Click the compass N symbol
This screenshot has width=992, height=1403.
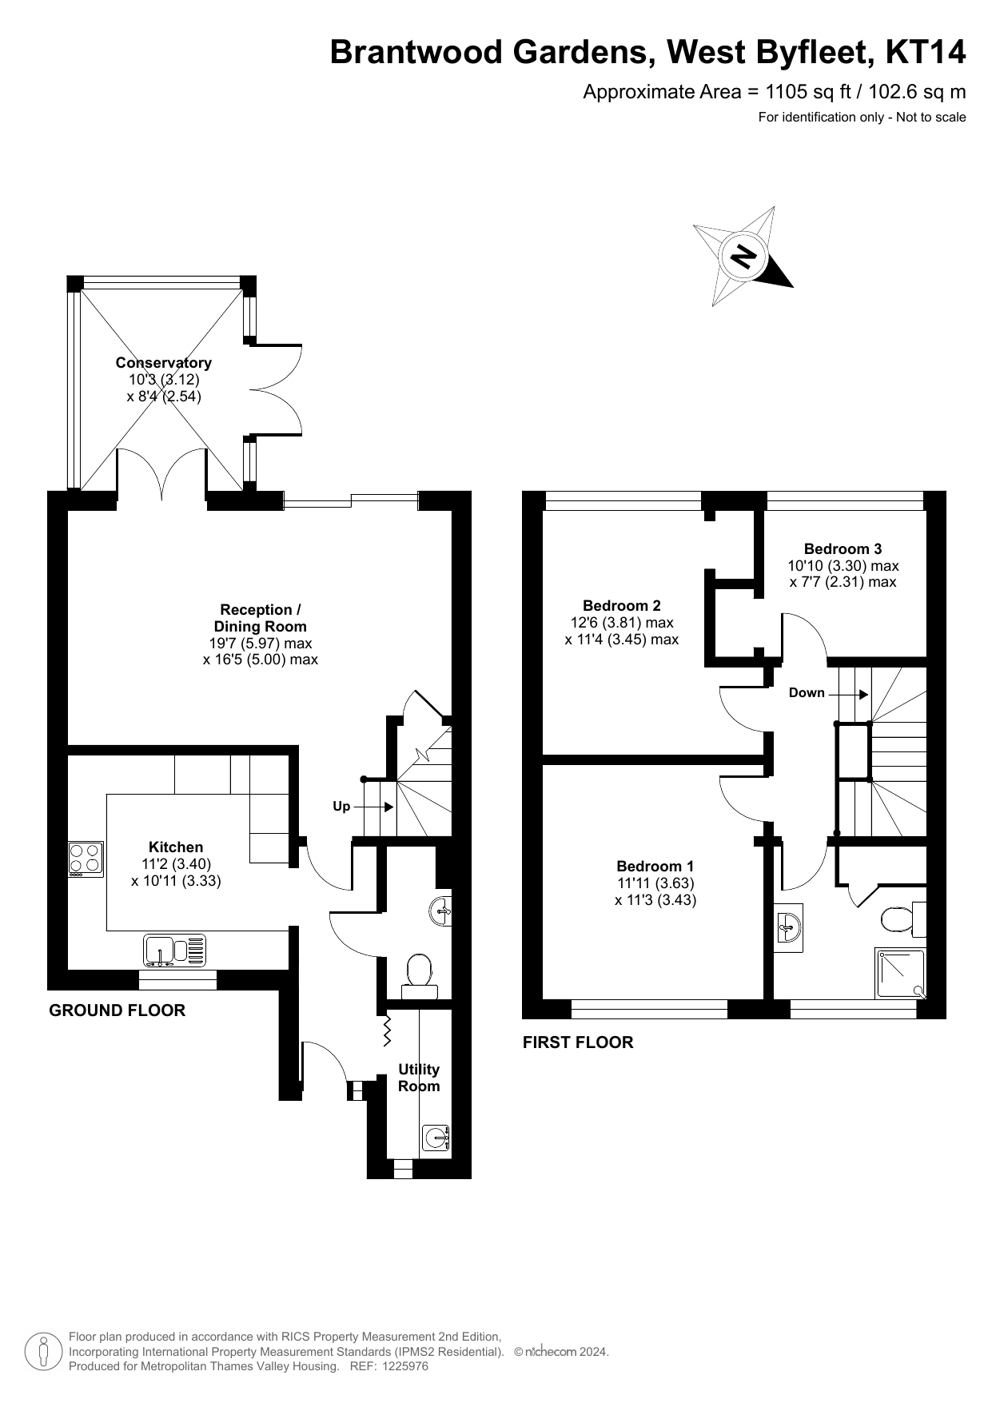743,257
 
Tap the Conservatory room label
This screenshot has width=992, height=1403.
164,363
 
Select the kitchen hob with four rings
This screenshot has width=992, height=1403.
86,859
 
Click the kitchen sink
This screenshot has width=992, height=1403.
175,950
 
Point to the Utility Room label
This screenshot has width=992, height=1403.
419,1078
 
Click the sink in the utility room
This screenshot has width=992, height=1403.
436,1137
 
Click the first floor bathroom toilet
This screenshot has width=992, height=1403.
904,919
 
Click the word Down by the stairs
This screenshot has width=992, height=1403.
807,693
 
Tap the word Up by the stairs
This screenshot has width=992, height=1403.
341,807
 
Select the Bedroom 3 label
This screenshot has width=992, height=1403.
843,548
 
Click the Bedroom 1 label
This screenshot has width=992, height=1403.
655,866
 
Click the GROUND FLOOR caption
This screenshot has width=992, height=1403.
118,1010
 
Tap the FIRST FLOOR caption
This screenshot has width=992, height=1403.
578,1042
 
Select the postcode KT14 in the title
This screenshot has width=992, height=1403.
926,52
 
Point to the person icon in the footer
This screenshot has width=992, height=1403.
44,1351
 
